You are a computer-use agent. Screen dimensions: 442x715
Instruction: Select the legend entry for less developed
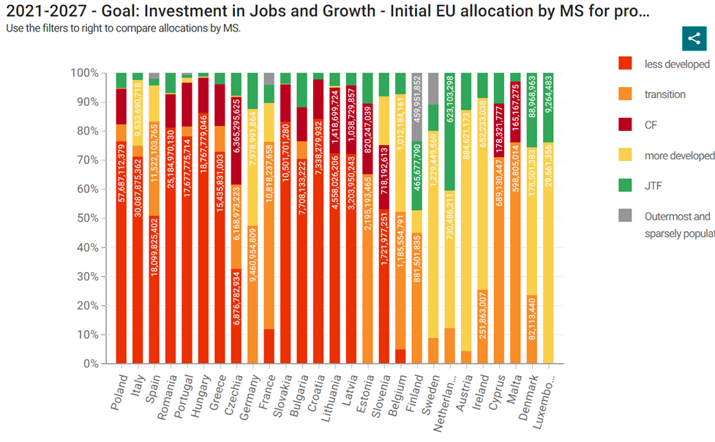676,64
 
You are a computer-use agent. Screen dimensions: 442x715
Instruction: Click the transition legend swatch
625,94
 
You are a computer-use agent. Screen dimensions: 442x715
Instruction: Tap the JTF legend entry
654,187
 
